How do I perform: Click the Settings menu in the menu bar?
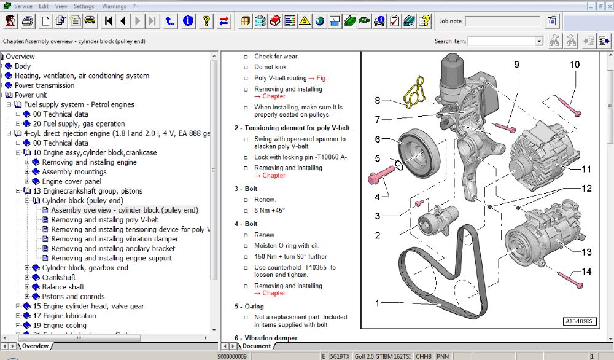[x=84, y=6]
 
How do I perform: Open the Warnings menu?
[x=114, y=6]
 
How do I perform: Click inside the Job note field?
[x=502, y=22]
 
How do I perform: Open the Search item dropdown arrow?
[x=539, y=41]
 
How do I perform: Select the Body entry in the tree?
[x=23, y=66]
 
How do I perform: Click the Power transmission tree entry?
[x=44, y=85]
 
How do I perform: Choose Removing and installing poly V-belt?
[x=104, y=219]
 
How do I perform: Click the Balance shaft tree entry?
[x=63, y=287]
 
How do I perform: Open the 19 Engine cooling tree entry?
[x=60, y=325]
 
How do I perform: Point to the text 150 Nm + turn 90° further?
[x=290, y=257]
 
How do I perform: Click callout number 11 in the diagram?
[x=586, y=168]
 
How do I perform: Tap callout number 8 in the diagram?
[x=378, y=100]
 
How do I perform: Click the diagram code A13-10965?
[x=580, y=321]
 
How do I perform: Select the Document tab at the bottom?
[x=256, y=346]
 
